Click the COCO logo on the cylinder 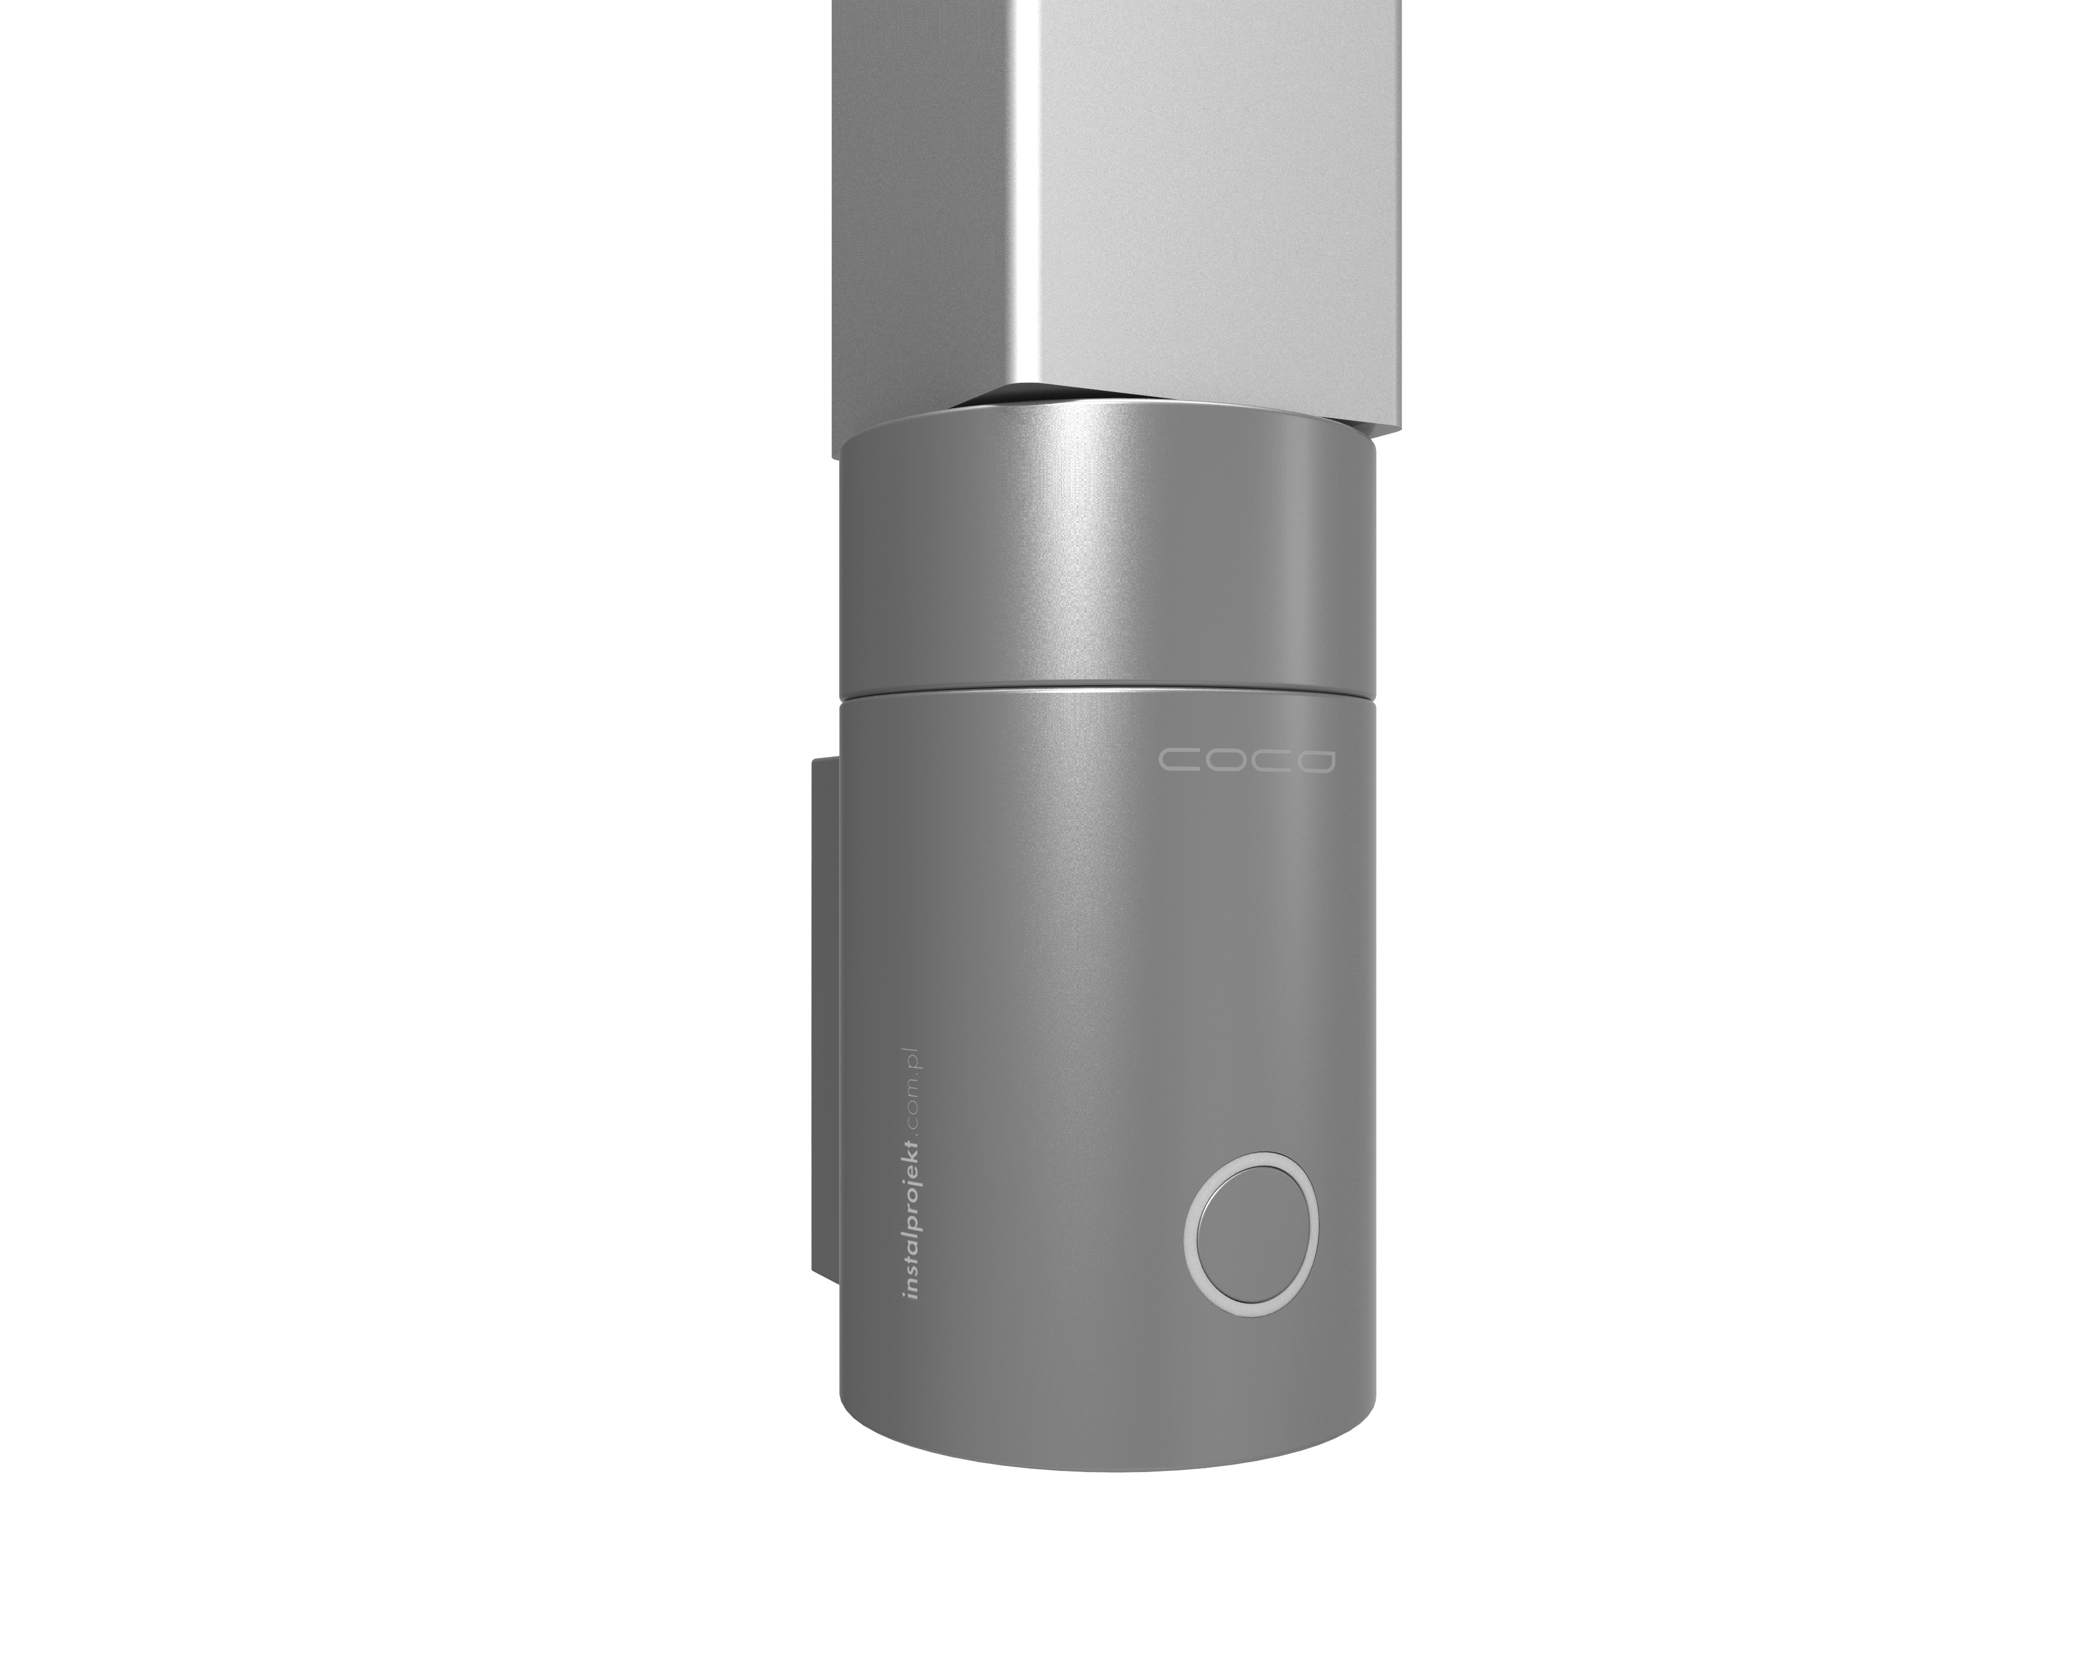click(x=1247, y=760)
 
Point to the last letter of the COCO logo click(x=1315, y=760)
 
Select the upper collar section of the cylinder click(x=1106, y=554)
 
